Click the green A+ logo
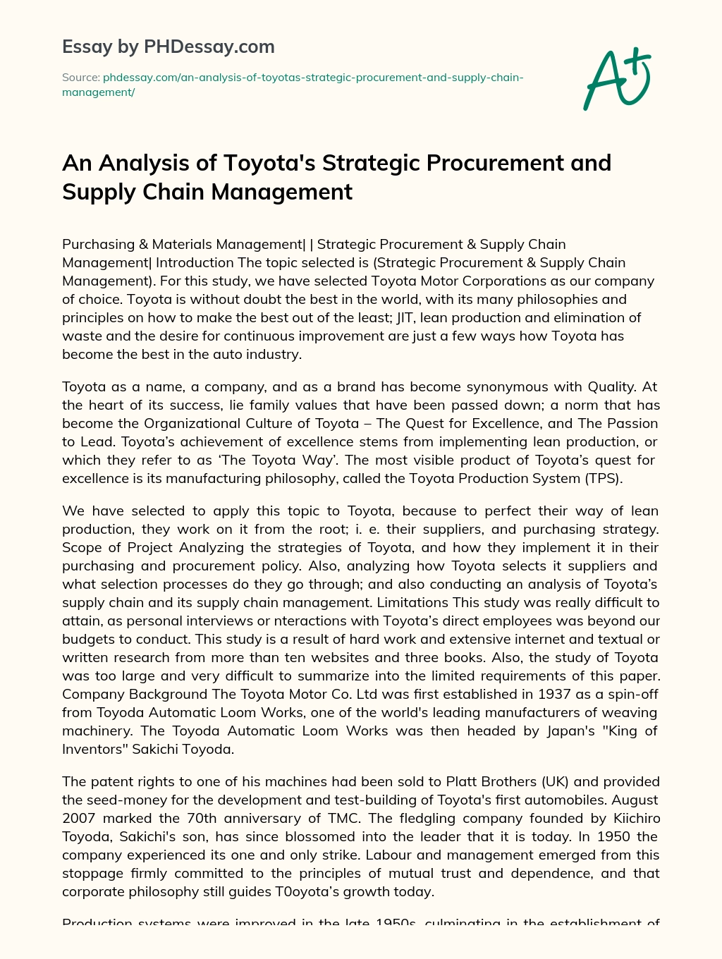pos(617,79)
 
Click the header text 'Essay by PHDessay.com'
pos(169,47)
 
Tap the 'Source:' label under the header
pos(81,77)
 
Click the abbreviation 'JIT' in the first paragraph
pos(405,317)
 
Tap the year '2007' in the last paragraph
pos(78,818)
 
